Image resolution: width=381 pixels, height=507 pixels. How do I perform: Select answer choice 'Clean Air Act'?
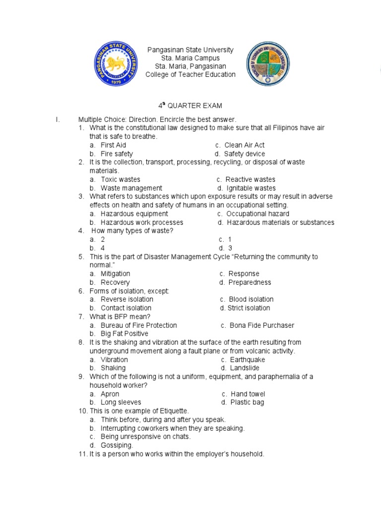[244, 145]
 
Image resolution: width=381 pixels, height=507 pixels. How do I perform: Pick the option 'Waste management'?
[131, 188]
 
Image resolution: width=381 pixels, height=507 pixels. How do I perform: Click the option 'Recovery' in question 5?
[115, 282]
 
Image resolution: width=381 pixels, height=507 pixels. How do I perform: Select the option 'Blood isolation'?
[251, 299]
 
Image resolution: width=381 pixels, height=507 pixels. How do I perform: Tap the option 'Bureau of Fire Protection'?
[138, 325]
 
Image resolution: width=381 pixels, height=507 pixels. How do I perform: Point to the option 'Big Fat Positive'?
[124, 334]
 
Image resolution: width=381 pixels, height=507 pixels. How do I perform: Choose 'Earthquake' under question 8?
[248, 359]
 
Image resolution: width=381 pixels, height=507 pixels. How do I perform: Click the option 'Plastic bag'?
[247, 402]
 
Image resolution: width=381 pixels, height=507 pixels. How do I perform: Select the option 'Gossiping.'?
[117, 445]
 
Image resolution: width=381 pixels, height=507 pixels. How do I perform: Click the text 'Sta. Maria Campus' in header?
[190, 58]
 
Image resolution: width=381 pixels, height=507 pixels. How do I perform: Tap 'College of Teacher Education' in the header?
[190, 74]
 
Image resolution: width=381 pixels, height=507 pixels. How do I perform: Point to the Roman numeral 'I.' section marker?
[58, 119]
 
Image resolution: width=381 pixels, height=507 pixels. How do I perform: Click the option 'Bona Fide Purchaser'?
[261, 325]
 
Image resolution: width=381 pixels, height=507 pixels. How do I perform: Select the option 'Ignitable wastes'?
[251, 188]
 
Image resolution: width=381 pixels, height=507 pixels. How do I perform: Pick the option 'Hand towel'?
[248, 394]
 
